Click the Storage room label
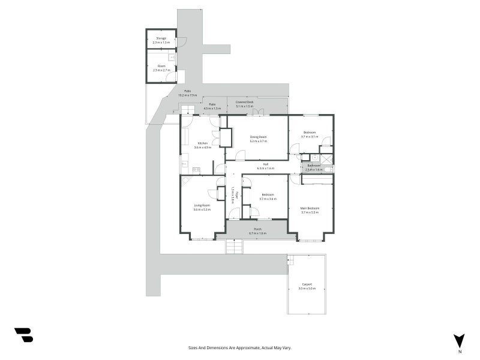[x=161, y=38]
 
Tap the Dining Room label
[x=258, y=137]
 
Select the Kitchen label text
[x=203, y=143]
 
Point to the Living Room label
[x=202, y=205]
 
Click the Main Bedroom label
[x=310, y=208]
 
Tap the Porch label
[x=257, y=229]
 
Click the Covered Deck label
[x=245, y=103]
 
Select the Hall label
[x=265, y=164]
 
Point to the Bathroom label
[x=314, y=166]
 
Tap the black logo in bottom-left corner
[x=23, y=335]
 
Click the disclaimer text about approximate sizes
[x=240, y=347]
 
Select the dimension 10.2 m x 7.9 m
[x=187, y=95]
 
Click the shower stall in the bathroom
[x=326, y=159]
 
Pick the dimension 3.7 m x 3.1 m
[x=310, y=137]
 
